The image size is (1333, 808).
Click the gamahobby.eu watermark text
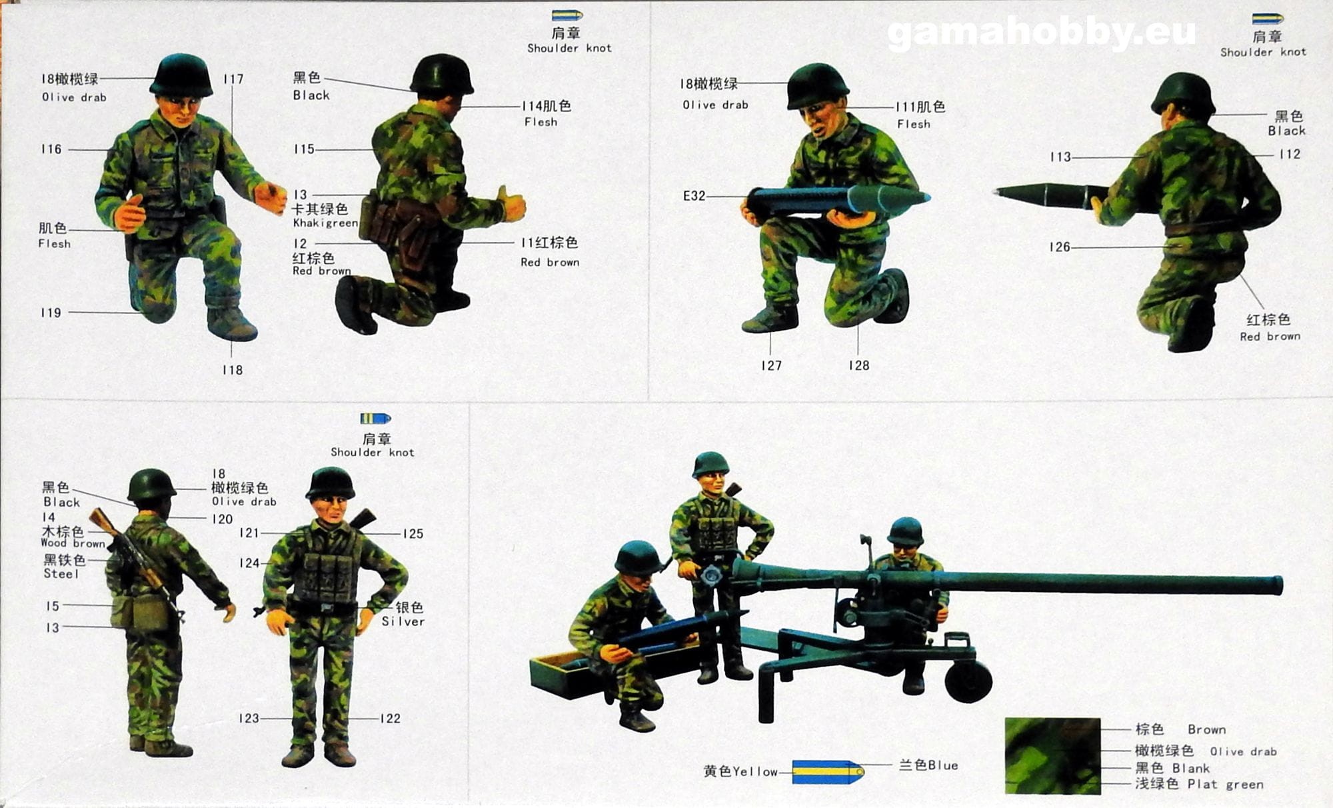[x=1042, y=33]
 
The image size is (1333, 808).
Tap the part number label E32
[x=694, y=196]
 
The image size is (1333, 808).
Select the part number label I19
[x=51, y=313]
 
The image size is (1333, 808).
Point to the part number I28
[x=858, y=365]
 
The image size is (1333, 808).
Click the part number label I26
[x=1059, y=247]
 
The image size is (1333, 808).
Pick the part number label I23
[x=249, y=719]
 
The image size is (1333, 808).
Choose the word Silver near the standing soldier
[x=403, y=621]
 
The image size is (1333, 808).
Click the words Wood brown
[x=73, y=543]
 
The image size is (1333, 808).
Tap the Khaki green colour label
[x=325, y=223]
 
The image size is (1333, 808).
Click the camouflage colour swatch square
[x=1052, y=755]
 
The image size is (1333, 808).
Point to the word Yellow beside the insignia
[x=755, y=772]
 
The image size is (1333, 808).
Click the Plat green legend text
[x=1225, y=785]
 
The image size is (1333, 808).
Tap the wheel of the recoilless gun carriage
[x=968, y=681]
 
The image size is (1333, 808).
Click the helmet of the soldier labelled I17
[x=181, y=75]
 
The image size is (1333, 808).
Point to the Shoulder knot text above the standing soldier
[x=373, y=452]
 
